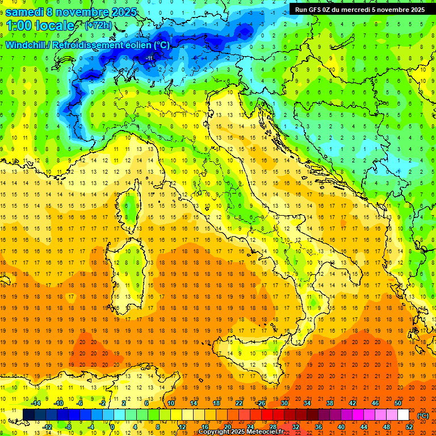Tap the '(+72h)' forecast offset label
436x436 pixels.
point(98,26)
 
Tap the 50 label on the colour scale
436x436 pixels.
point(398,403)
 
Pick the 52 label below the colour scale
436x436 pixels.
point(409,427)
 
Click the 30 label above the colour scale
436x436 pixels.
point(284,403)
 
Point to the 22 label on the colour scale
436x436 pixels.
point(238,403)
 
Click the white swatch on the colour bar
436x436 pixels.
point(403,415)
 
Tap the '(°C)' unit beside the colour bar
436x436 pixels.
point(423,416)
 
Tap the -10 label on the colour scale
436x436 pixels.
point(58,403)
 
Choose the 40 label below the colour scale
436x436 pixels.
point(341,427)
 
